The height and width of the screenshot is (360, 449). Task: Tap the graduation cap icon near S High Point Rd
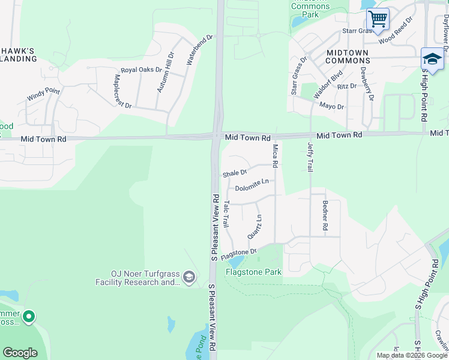(432, 59)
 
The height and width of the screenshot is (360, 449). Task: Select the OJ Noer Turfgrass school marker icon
(189, 277)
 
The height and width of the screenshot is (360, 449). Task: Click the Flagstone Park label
(253, 272)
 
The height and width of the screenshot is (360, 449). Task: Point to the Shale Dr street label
(235, 173)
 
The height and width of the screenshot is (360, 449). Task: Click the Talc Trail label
(226, 214)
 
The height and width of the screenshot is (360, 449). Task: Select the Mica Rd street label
(275, 155)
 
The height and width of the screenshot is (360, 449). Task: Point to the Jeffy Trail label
(310, 158)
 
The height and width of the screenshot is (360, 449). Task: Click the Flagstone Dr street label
(238, 255)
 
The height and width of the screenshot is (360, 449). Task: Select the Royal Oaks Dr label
(137, 70)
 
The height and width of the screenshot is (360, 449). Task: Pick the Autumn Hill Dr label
(165, 72)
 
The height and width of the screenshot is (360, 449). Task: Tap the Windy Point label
(43, 94)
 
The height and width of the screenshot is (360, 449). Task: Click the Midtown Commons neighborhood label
(348, 57)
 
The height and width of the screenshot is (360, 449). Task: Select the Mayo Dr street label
(331, 106)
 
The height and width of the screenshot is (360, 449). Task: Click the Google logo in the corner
(20, 353)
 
